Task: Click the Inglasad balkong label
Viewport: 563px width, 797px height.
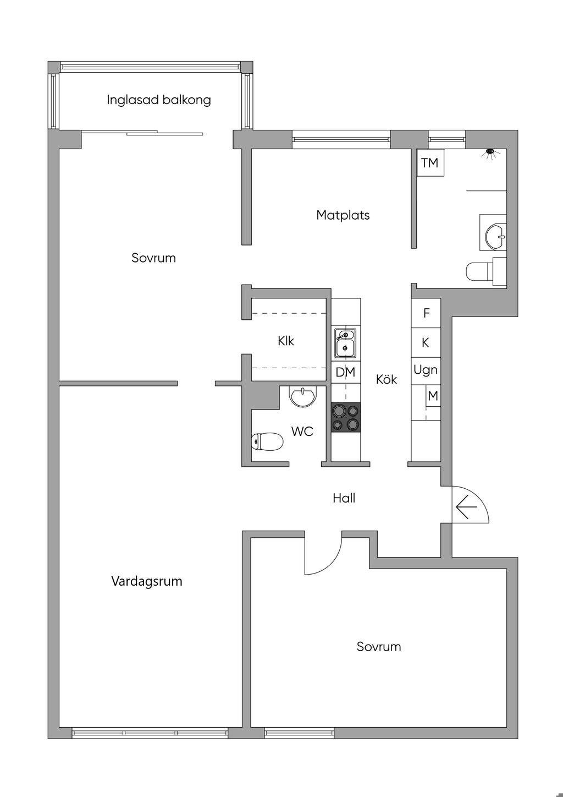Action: tap(159, 100)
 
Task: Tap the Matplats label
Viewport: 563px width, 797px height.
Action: tap(343, 215)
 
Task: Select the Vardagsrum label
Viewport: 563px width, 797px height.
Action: tap(147, 581)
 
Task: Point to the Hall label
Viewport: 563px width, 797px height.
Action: tap(344, 498)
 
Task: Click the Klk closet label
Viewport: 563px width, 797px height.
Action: tap(286, 341)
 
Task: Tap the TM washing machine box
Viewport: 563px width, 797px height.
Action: tap(430, 162)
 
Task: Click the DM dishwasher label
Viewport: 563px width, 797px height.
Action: tap(345, 372)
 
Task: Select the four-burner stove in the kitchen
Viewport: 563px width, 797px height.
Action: tap(346, 417)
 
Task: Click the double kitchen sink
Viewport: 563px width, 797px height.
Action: tap(345, 343)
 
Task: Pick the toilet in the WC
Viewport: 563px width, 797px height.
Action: tap(267, 441)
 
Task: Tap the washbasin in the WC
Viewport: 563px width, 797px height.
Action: tap(303, 396)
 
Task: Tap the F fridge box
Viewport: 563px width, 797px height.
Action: tap(426, 313)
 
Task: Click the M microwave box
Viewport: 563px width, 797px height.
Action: tap(433, 395)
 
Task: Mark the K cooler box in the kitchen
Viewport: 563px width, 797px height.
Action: tap(426, 342)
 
